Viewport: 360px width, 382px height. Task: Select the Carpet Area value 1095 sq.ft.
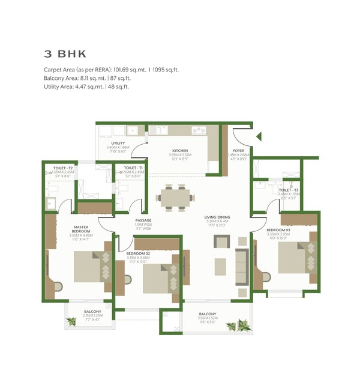(164, 70)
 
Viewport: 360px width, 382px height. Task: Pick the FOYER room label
(238, 151)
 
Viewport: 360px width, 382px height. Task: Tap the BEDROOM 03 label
(277, 230)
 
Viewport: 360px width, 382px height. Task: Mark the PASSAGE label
(143, 220)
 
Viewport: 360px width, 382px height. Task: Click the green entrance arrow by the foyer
(258, 137)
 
